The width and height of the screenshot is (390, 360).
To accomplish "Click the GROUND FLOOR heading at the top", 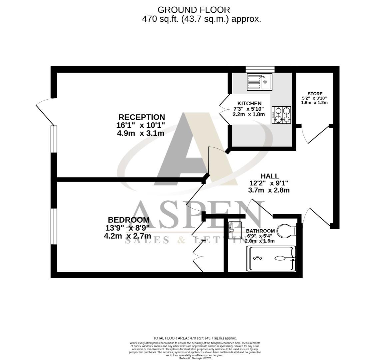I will [x=194, y=10].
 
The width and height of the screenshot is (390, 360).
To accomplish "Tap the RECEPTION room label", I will [x=142, y=117].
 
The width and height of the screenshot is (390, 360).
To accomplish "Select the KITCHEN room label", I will [x=249, y=103].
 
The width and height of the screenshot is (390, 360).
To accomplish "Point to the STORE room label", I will [x=314, y=94].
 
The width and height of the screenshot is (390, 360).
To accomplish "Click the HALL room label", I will [x=269, y=176].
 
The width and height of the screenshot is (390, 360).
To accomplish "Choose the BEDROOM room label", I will [x=129, y=220].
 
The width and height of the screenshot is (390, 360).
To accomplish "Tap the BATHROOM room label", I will [x=260, y=231].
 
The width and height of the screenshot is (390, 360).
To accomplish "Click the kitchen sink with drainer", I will [x=259, y=82].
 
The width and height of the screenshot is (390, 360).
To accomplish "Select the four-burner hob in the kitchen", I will [x=281, y=115].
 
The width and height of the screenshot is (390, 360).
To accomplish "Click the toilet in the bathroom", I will [x=286, y=230].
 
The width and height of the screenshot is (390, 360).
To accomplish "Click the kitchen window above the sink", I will [x=260, y=69].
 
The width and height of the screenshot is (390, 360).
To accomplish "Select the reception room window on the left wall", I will [x=54, y=139].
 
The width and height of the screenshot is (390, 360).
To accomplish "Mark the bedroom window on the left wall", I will [x=54, y=227].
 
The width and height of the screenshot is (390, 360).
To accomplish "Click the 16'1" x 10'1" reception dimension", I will [x=141, y=126].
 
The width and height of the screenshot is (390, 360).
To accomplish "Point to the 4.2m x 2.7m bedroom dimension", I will [x=127, y=236].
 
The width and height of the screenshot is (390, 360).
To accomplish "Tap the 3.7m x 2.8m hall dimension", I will [x=269, y=190].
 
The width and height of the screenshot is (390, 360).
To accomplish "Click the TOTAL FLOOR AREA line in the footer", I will [x=195, y=338].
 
